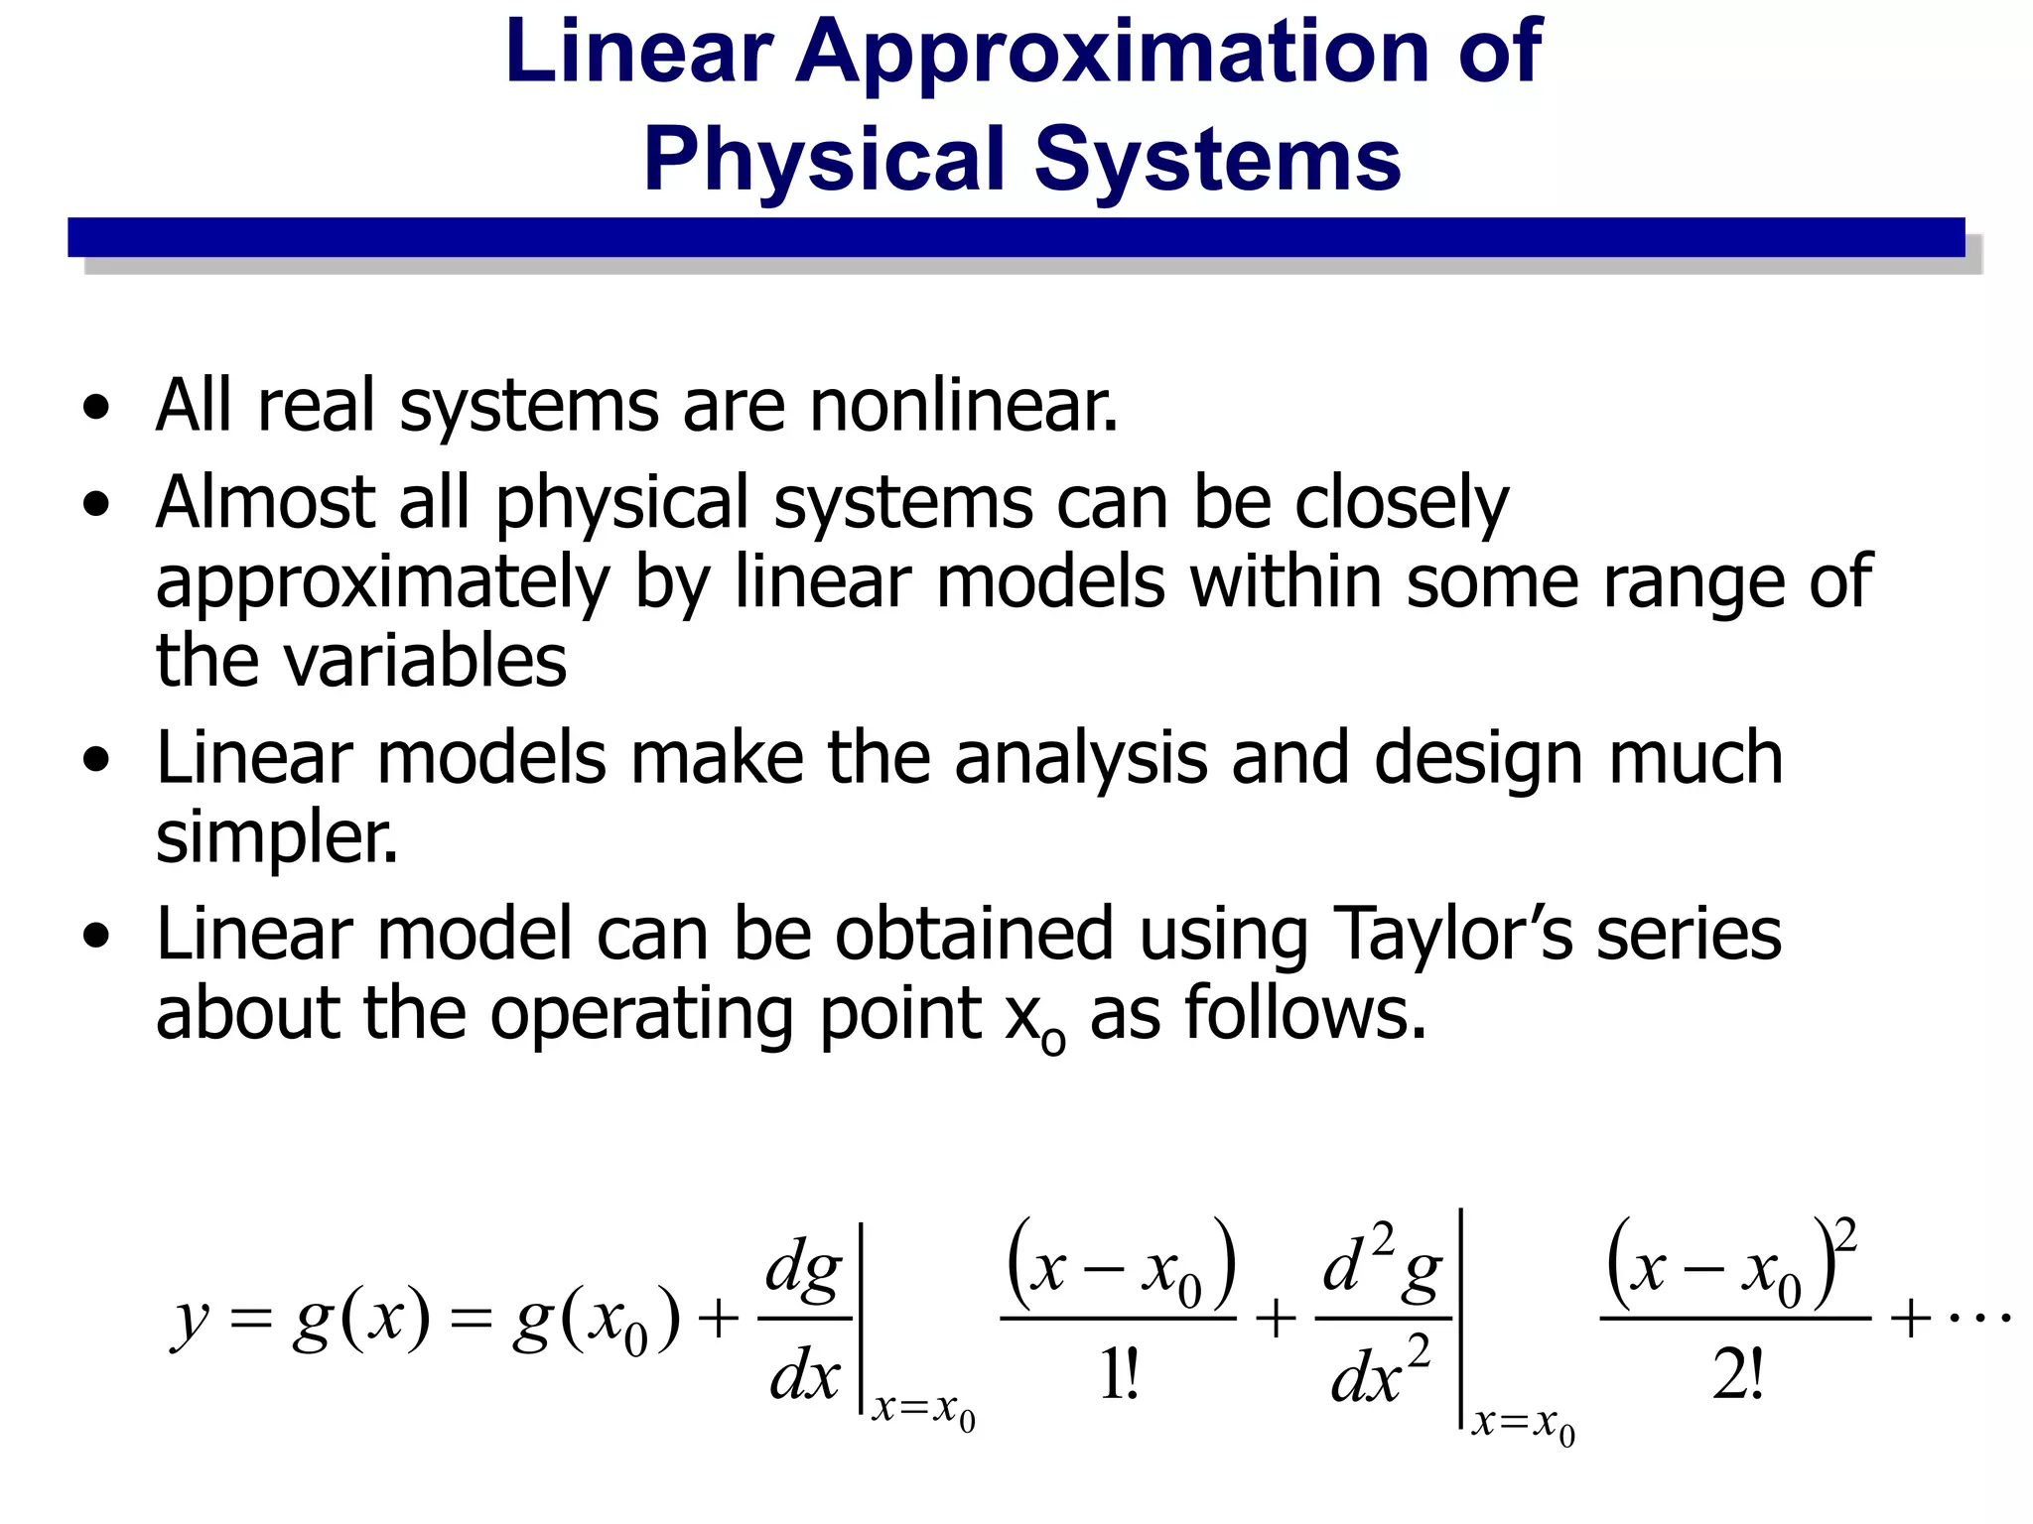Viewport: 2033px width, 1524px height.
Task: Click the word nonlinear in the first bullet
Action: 963,406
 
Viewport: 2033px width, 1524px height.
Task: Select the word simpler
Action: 277,838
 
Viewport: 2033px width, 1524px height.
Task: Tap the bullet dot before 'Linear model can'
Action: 96,936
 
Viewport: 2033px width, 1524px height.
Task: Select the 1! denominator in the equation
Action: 1119,1376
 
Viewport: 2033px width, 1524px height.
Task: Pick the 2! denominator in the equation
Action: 1737,1376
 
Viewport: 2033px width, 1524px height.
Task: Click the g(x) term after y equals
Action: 362,1320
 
